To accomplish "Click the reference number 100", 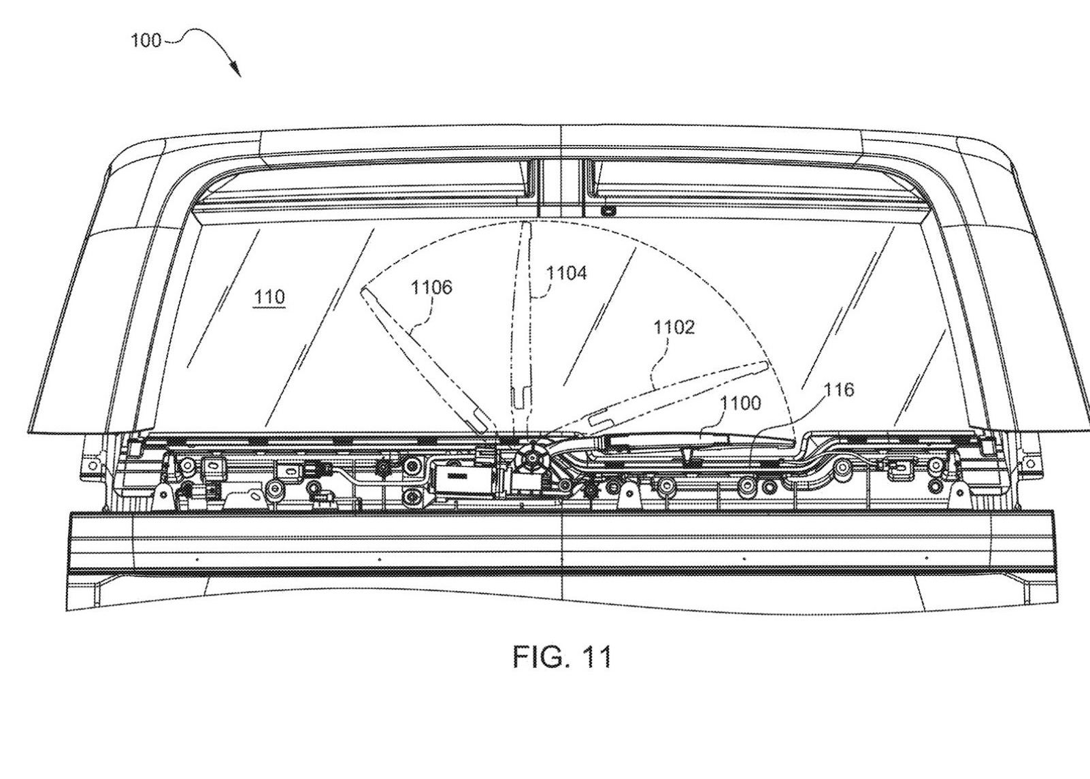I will (x=146, y=41).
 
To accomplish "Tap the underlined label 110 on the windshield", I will (x=269, y=298).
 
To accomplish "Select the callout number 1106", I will (x=431, y=287).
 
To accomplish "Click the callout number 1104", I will (x=567, y=273).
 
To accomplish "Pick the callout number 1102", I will (x=674, y=328).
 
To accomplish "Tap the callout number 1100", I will (x=740, y=403).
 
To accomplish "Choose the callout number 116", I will (x=838, y=390).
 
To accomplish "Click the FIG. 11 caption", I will (x=562, y=656).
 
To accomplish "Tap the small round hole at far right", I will (x=1029, y=464).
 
